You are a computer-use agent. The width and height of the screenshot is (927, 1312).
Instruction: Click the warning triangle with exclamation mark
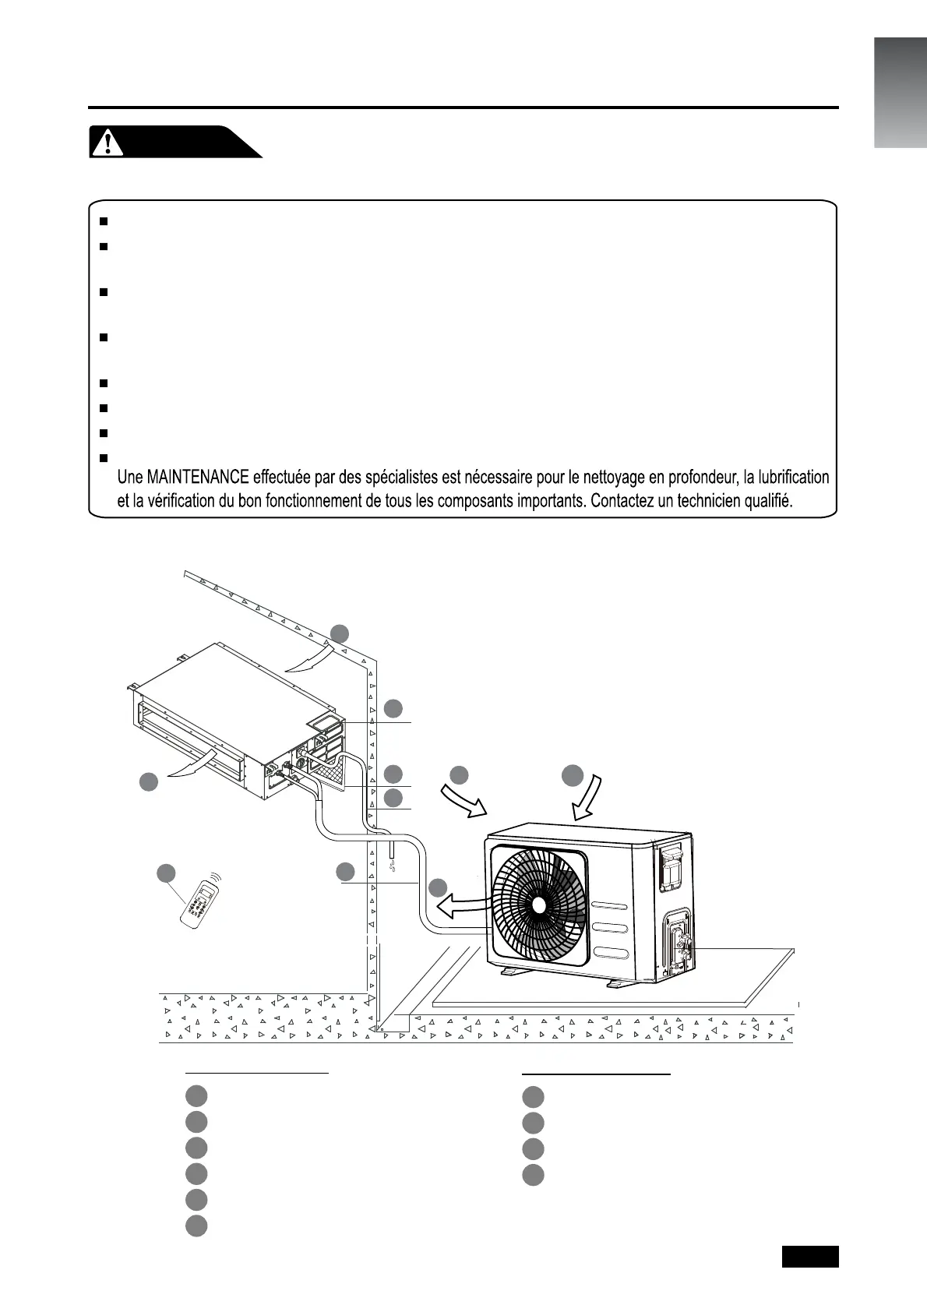click(108, 141)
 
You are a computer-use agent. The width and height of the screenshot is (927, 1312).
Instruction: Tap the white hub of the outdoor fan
click(538, 904)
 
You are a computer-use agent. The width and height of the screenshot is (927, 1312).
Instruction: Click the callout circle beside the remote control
click(166, 873)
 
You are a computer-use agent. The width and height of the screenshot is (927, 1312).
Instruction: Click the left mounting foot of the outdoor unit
click(515, 972)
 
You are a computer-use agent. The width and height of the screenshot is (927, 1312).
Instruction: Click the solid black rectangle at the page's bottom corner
click(810, 1257)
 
